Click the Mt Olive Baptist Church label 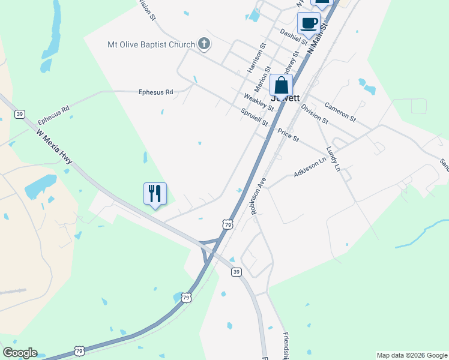[x=151, y=44]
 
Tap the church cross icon [x=204, y=43]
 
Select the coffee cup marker [x=309, y=24]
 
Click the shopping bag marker [x=281, y=85]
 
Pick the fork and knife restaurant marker [x=155, y=193]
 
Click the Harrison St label [x=256, y=58]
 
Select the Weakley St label [x=259, y=102]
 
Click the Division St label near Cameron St [x=315, y=113]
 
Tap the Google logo [x=19, y=353]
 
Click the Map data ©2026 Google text [x=412, y=355]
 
